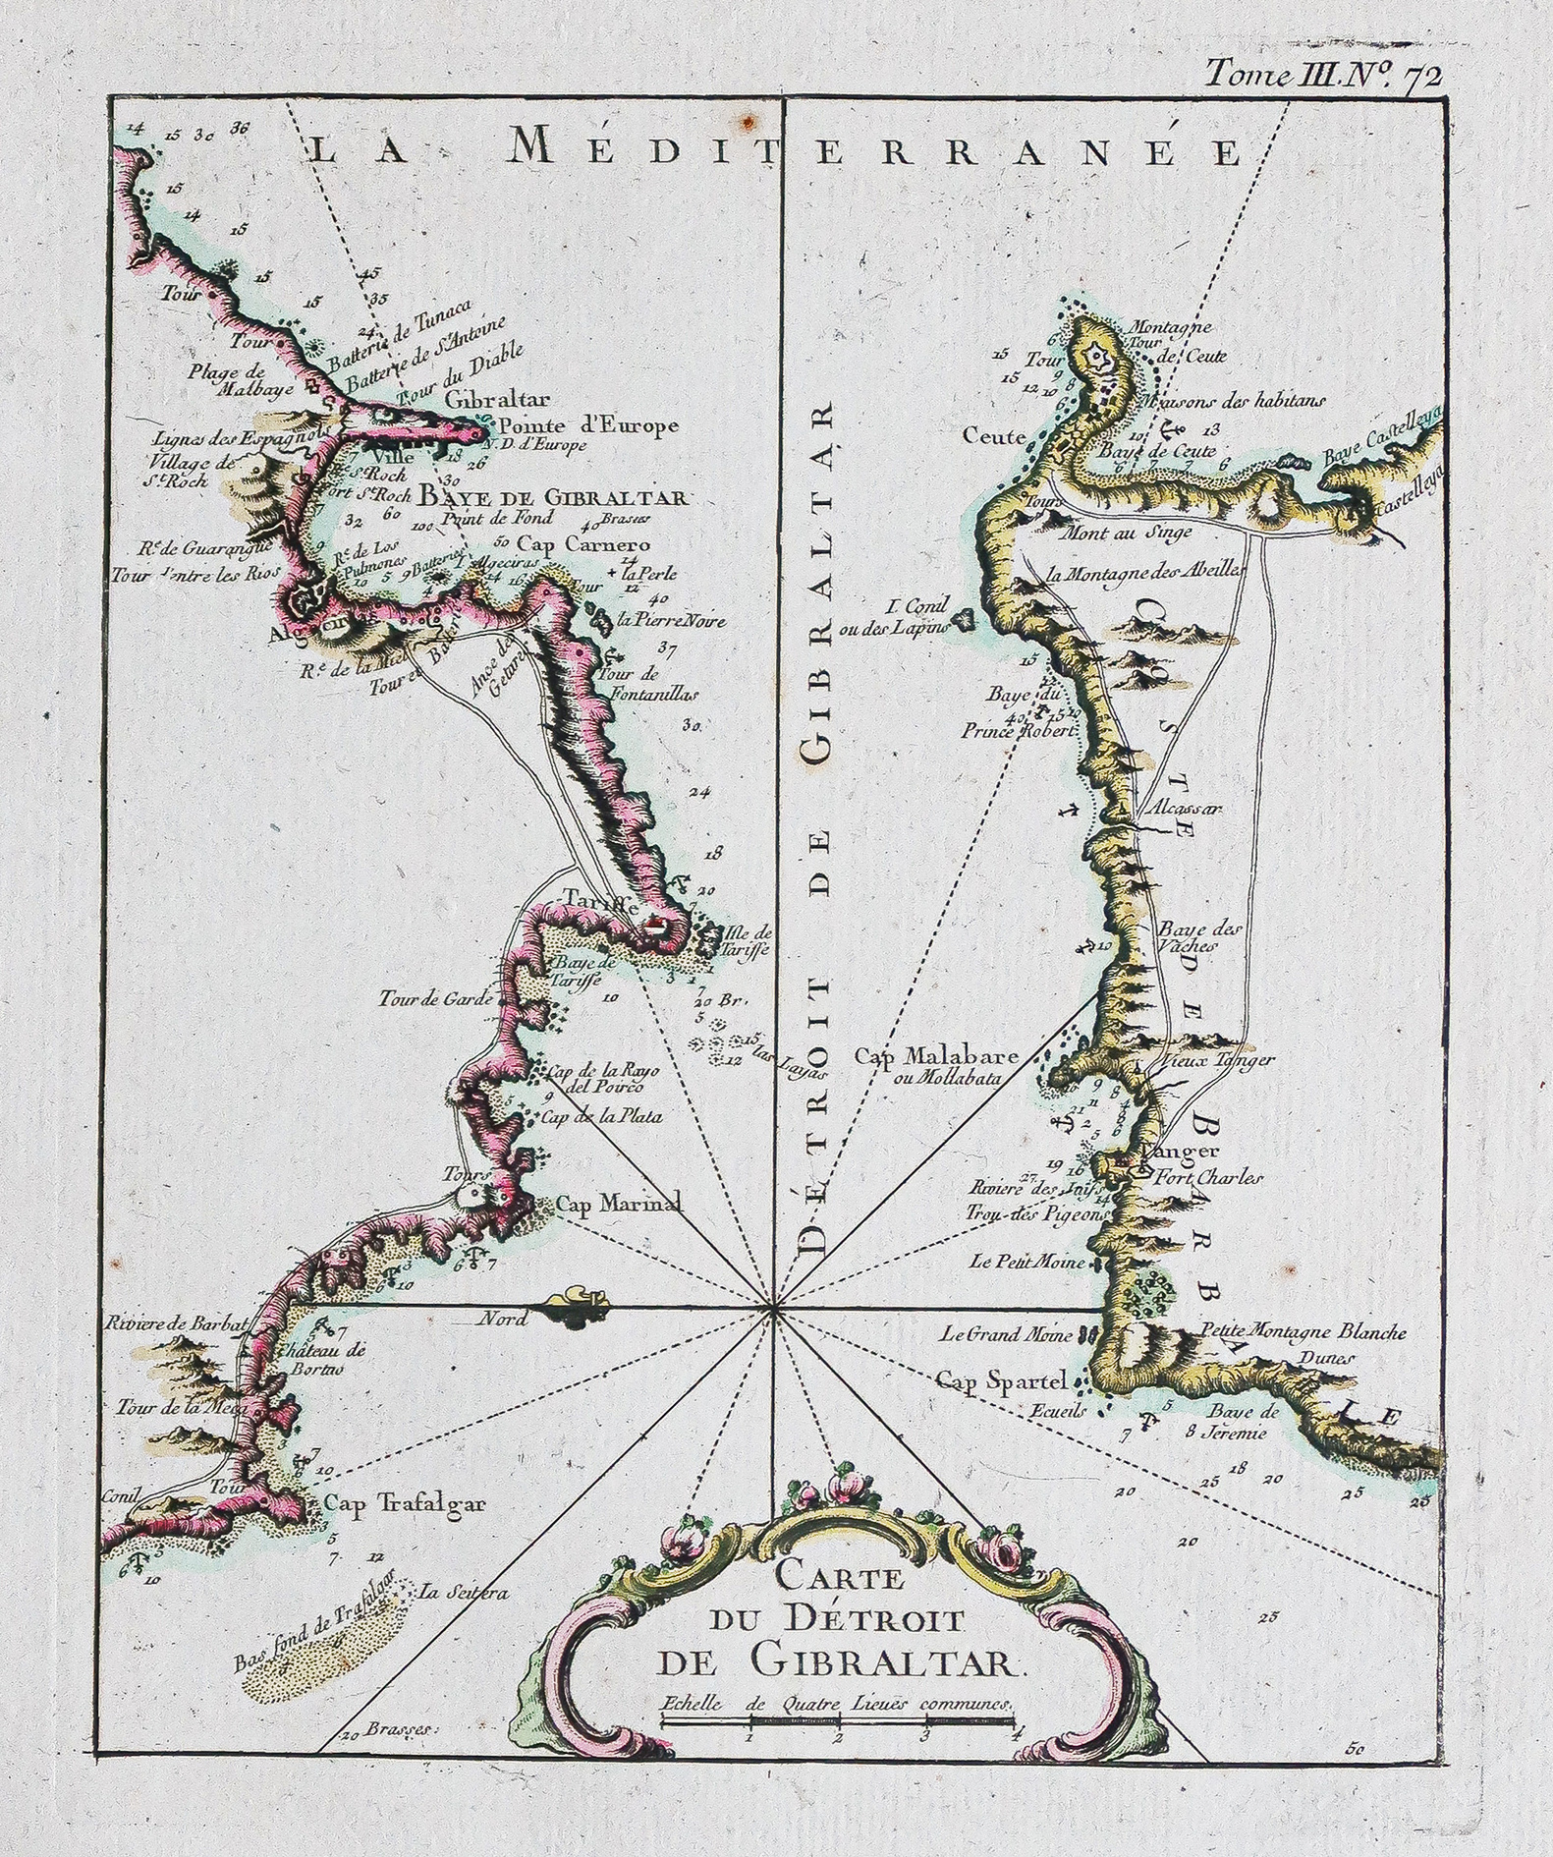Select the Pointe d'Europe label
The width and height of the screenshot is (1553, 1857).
587,426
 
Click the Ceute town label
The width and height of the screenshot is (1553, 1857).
995,434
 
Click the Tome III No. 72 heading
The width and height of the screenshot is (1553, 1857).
1323,75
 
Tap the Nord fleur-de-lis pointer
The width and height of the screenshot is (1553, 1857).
574,1310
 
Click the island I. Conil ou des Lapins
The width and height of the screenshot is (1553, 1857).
964,619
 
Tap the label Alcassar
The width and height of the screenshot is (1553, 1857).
1188,811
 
